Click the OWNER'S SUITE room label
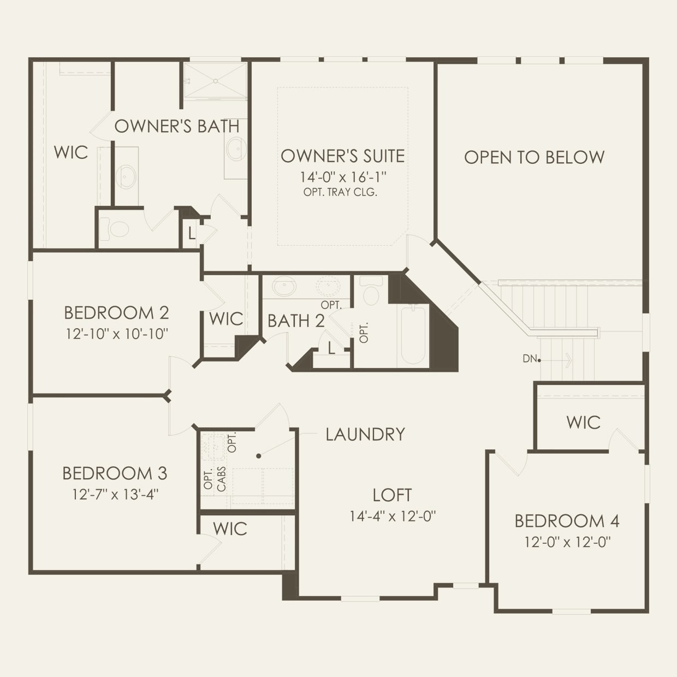click(x=342, y=156)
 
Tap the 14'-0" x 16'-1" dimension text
click(x=343, y=177)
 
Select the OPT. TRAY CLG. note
click(x=340, y=192)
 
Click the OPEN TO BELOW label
click(x=534, y=157)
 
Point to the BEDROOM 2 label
click(x=116, y=313)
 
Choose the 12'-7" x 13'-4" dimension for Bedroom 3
click(x=115, y=494)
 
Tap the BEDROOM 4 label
click(x=567, y=521)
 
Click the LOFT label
click(x=392, y=495)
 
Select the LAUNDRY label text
click(x=365, y=435)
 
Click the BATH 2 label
click(x=296, y=321)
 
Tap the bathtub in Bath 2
click(x=413, y=335)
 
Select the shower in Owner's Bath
click(x=215, y=81)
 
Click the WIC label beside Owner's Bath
click(x=71, y=152)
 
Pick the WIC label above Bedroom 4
click(x=583, y=422)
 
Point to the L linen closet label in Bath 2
click(x=331, y=348)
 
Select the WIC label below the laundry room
click(x=230, y=528)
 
